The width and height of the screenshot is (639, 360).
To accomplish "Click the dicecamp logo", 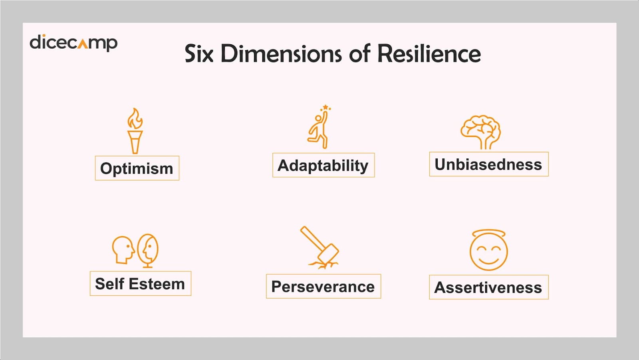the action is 73,43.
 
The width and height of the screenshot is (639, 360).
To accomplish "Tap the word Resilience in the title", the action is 429,53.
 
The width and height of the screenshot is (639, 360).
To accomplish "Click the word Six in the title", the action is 199,53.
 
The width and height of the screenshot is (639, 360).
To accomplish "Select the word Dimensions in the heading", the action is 281,53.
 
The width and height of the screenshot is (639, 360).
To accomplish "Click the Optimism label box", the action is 137,168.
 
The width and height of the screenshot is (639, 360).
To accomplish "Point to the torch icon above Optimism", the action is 135,131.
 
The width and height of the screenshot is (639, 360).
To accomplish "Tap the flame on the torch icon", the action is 135,119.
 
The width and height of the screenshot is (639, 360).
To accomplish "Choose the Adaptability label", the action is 323,165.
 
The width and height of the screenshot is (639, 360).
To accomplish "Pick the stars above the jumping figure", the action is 325,108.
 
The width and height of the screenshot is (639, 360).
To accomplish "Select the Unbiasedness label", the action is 489,164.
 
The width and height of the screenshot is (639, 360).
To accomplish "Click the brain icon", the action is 481,132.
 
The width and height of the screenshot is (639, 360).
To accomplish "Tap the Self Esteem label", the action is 141,284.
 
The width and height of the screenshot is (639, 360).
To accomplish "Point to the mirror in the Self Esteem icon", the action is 148,251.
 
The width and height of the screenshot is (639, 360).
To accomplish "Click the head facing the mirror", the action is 123,250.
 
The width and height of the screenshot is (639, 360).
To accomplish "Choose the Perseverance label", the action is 323,287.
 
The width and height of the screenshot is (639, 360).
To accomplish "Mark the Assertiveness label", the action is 489,287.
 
